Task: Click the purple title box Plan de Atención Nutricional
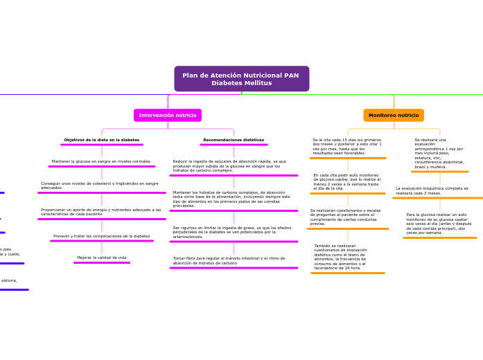pyautogui.click(x=241, y=79)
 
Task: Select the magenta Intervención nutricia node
pyautogui.click(x=168, y=115)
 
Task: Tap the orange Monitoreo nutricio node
pyautogui.click(x=394, y=115)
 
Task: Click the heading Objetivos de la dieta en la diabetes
pyautogui.click(x=102, y=140)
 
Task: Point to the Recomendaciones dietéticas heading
pyautogui.click(x=234, y=140)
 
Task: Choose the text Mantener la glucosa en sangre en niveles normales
pyautogui.click(x=101, y=161)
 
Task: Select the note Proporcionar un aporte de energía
pyautogui.click(x=101, y=212)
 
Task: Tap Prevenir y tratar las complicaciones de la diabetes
pyautogui.click(x=102, y=236)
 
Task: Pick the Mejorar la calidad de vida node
pyautogui.click(x=102, y=258)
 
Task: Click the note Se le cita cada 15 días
pyautogui.click(x=347, y=146)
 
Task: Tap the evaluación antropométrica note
pyautogui.click(x=439, y=153)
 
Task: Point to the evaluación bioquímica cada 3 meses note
pyautogui.click(x=432, y=190)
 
